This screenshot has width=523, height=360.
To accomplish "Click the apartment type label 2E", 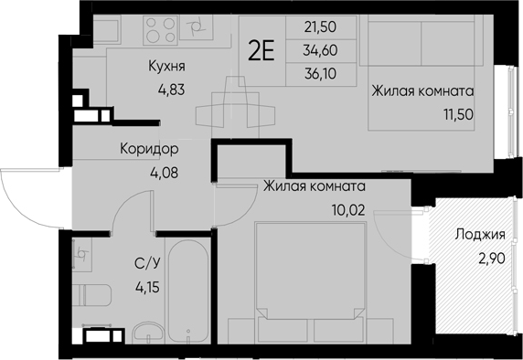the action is (x=261, y=51).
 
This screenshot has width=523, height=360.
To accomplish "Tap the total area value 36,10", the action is (x=320, y=74).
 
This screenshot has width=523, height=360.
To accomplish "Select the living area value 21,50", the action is (x=320, y=27).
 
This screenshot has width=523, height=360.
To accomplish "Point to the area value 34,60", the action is (x=320, y=50).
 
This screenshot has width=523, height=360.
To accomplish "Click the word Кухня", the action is (x=166, y=67).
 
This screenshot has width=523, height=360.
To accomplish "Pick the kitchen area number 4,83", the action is (x=171, y=90).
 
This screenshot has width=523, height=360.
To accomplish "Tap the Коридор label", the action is (x=149, y=149).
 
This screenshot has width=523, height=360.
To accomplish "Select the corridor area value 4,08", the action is (x=164, y=173).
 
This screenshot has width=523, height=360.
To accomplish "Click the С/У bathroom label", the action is (x=148, y=264).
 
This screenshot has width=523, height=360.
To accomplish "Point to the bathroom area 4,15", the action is (x=147, y=287).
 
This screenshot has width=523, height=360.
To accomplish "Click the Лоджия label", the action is (x=480, y=235).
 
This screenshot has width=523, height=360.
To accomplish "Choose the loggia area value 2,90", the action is (x=492, y=259).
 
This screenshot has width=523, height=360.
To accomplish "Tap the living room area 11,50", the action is (x=458, y=114).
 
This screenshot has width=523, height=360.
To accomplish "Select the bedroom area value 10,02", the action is (x=348, y=210).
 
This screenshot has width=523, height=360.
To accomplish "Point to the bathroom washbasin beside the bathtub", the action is (x=148, y=333).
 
